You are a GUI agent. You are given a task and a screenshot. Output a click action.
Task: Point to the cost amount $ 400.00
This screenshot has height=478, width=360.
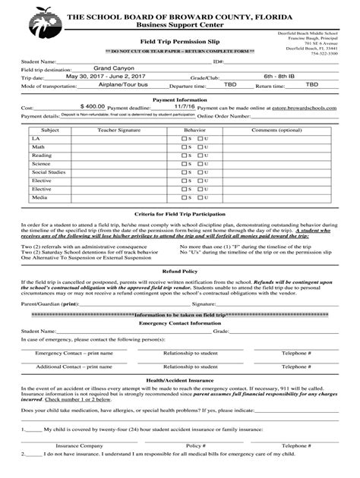click(x=92, y=108)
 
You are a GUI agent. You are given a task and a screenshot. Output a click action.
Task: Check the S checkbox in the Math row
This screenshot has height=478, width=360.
click(x=185, y=147)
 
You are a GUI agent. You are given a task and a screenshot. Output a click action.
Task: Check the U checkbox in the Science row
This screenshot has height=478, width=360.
click(x=199, y=164)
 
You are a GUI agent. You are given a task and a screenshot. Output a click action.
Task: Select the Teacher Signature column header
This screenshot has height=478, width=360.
click(x=118, y=130)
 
